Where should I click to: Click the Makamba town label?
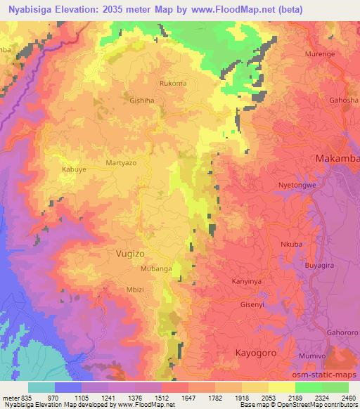point(338,158)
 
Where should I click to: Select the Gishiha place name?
point(141,100)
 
